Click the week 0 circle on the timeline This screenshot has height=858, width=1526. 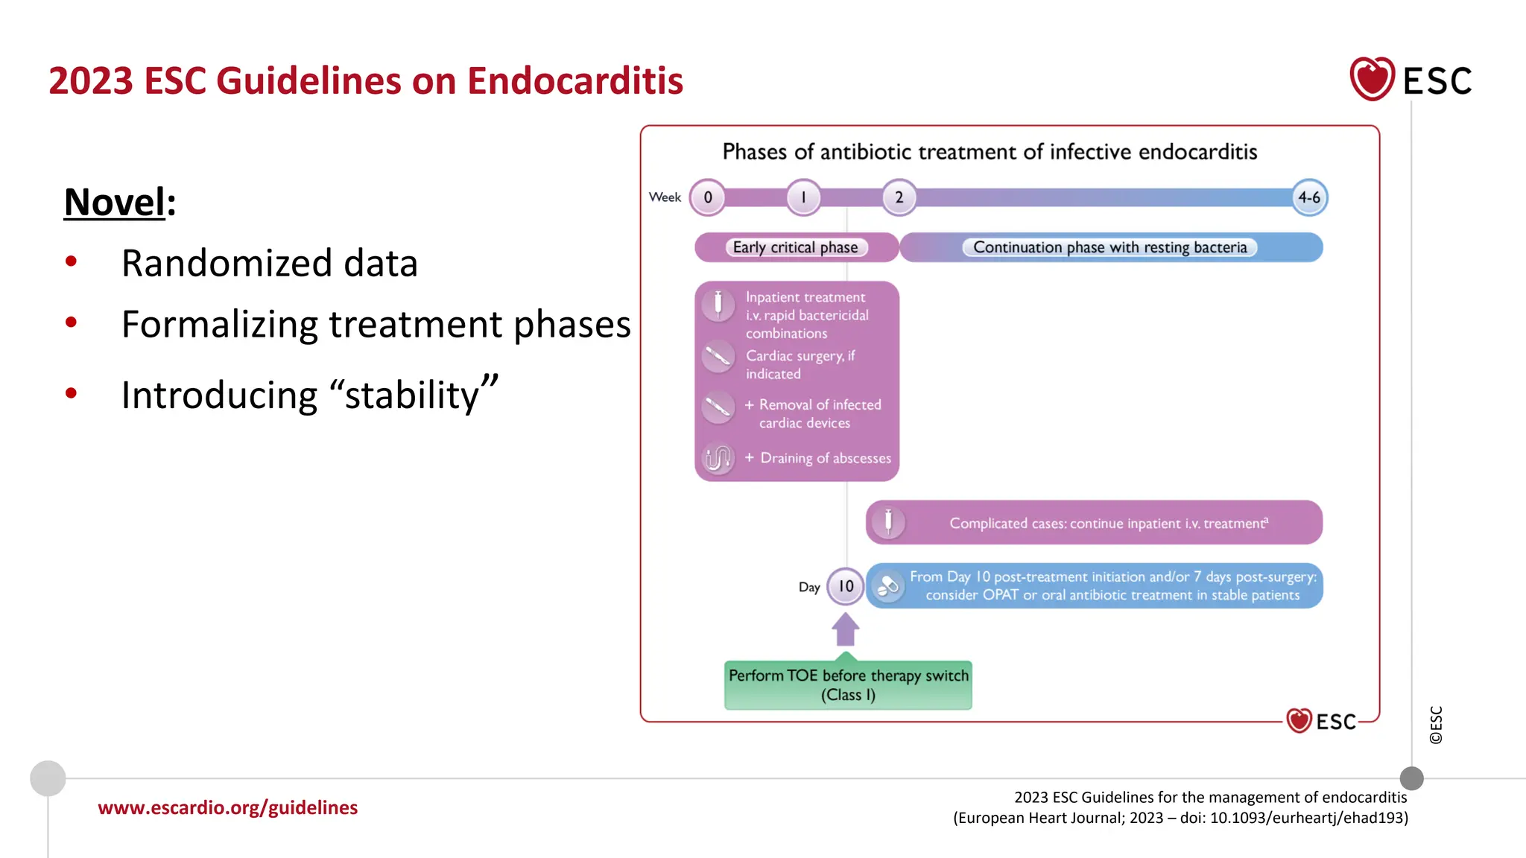[708, 197]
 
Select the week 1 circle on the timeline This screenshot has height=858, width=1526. [803, 197]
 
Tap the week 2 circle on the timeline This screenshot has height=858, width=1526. [899, 197]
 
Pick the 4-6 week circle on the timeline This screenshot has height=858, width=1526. [1309, 197]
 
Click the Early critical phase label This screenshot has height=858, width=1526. [795, 247]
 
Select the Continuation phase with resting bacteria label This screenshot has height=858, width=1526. [1109, 247]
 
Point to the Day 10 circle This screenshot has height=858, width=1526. [846, 586]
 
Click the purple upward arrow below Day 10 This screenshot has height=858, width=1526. [846, 630]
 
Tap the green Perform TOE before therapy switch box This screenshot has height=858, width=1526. [848, 685]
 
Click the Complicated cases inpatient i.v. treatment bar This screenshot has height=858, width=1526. [1094, 523]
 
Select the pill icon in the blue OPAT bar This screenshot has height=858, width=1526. [888, 586]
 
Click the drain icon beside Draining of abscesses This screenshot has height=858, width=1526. [718, 458]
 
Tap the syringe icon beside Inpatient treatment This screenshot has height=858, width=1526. [718, 304]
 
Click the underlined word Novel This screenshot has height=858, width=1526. [115, 202]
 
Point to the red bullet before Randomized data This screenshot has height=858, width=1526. [72, 261]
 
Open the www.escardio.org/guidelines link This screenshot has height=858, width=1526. [228, 807]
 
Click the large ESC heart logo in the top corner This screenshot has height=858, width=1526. [1372, 79]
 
